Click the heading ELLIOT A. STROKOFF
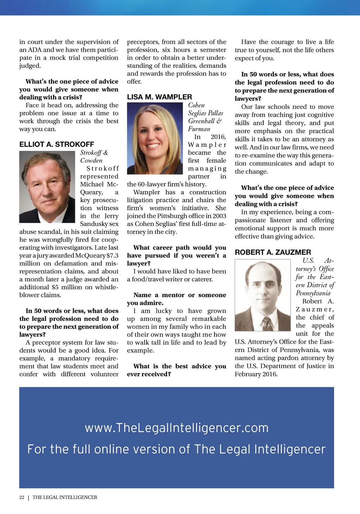click(57, 144)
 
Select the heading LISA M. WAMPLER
click(160, 97)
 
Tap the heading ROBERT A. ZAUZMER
click(273, 252)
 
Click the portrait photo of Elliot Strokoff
click(47, 187)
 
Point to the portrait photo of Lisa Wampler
click(155, 138)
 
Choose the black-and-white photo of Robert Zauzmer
click(263, 295)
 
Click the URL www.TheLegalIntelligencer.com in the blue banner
click(176, 428)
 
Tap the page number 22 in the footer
click(22, 497)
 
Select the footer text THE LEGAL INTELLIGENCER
click(65, 497)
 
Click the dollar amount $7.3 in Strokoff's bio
click(112, 255)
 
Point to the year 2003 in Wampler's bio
click(219, 216)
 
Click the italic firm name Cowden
click(91, 161)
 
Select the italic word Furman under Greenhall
click(199, 129)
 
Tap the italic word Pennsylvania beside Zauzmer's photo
click(313, 293)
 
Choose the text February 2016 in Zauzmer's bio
click(256, 374)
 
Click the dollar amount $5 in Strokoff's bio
click(55, 287)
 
